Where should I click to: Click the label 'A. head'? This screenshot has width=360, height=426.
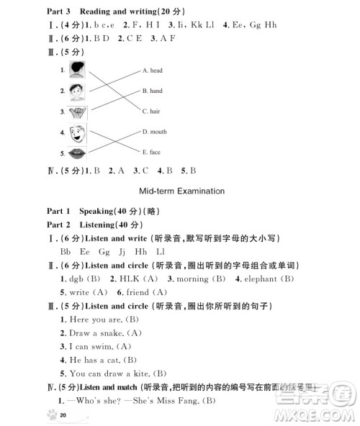coord(152,71)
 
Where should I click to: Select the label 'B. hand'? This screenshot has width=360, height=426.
coord(152,91)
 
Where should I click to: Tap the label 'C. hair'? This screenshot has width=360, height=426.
coord(151,112)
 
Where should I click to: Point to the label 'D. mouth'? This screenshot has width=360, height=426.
coord(155,132)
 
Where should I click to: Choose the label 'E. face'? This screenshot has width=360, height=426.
coord(151,152)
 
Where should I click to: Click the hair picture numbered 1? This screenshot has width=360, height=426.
coord(77,70)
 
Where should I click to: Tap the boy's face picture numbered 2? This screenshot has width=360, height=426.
coord(77,91)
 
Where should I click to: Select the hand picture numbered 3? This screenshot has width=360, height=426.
coord(77,112)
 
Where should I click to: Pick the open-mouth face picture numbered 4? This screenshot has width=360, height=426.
coord(77,133)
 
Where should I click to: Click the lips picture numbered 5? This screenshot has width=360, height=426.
coord(77,153)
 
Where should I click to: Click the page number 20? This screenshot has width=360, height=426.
coord(64,416)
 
